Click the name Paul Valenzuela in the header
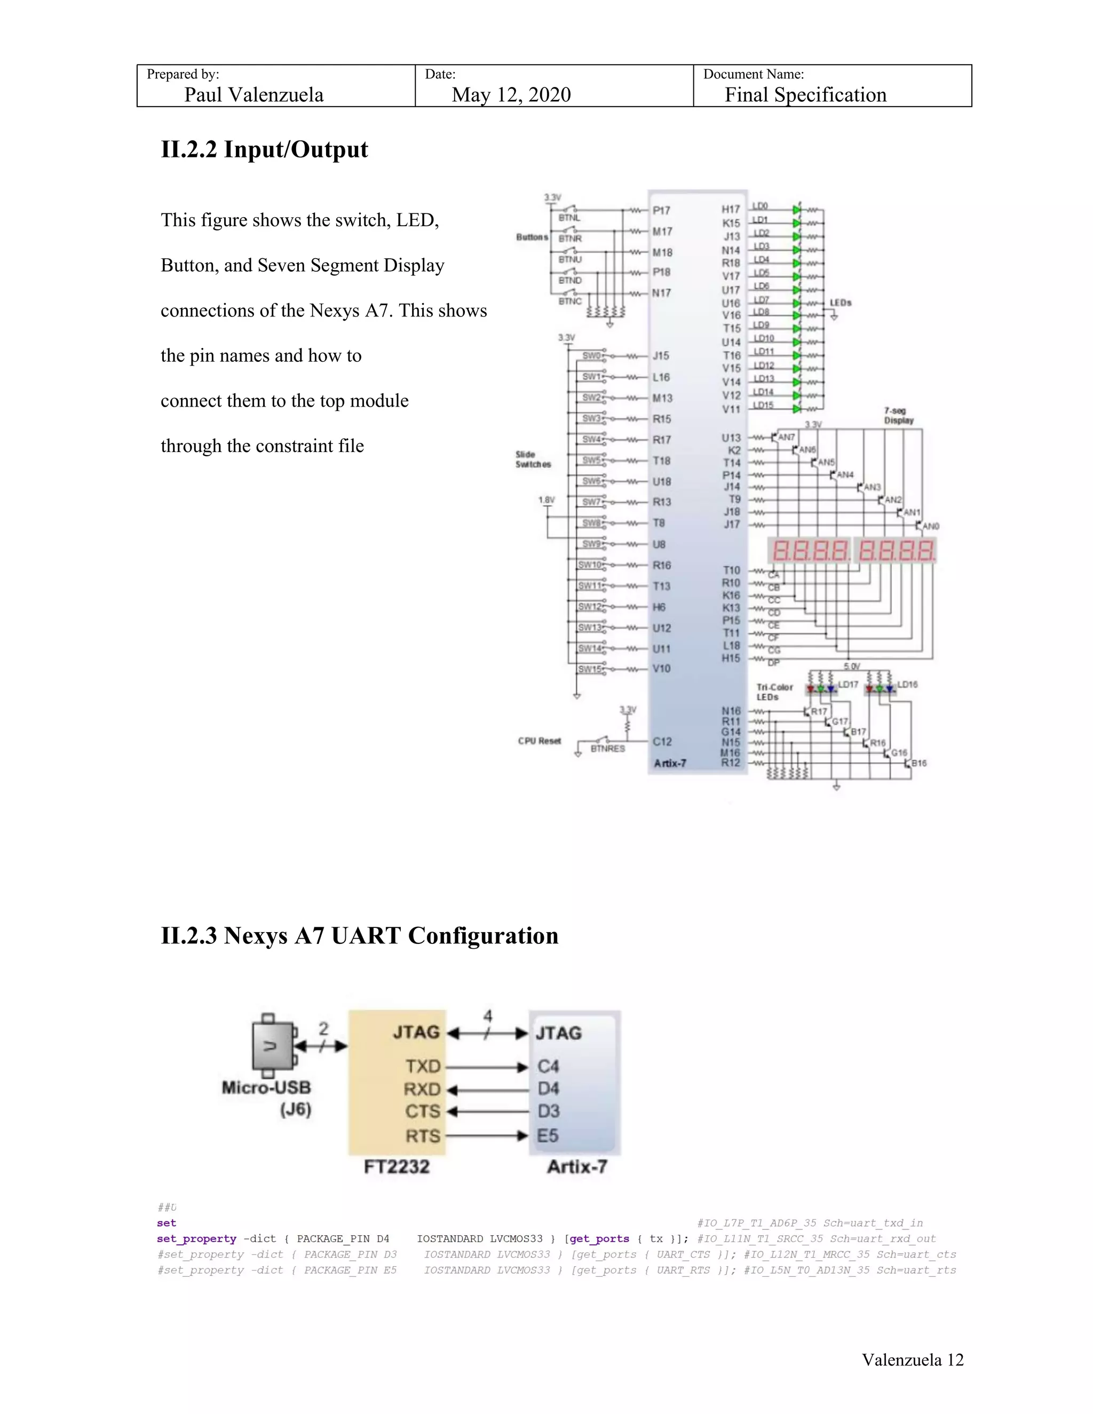[254, 94]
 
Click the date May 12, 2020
[511, 94]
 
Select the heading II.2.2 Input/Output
[264, 149]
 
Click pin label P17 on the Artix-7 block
[661, 210]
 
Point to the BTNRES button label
[607, 749]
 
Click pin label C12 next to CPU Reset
[662, 741]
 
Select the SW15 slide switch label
[590, 670]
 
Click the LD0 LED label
[760, 206]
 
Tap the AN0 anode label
[930, 526]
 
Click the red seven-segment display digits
[851, 551]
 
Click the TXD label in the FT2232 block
[423, 1066]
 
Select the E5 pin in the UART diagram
[547, 1135]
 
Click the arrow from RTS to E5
[487, 1135]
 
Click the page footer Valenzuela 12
[912, 1360]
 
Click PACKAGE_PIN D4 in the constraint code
[343, 1238]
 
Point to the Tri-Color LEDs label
[774, 692]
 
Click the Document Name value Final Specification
[805, 94]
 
